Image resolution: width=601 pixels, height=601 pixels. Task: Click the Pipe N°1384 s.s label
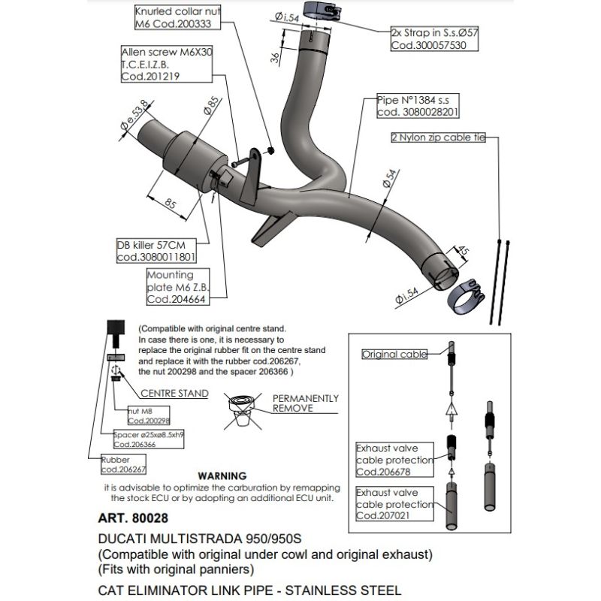click(x=417, y=105)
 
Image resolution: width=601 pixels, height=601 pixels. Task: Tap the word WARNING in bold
click(x=221, y=476)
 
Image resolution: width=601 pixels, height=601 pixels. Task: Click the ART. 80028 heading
click(x=132, y=518)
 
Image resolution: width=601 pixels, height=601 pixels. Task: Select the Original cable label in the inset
click(x=394, y=353)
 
